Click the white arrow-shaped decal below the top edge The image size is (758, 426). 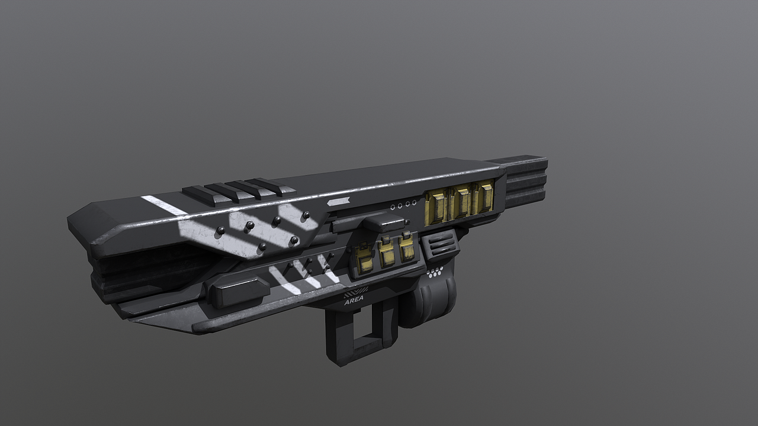point(338,202)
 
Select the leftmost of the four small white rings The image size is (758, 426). point(393,207)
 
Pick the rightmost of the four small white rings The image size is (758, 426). point(414,203)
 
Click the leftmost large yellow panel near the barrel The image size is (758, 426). point(436,207)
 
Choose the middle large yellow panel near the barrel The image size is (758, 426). point(461,203)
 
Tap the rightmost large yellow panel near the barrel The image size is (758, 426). point(484,198)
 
